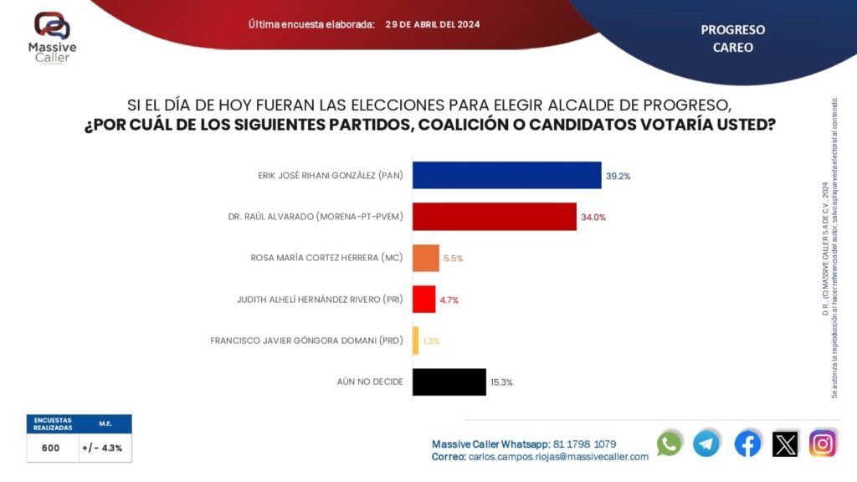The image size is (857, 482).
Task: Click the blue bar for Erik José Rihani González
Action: (506, 175)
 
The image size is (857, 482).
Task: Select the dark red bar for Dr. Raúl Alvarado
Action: (494, 217)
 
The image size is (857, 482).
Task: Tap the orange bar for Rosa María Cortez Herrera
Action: (425, 258)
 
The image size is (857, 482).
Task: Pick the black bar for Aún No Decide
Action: (449, 382)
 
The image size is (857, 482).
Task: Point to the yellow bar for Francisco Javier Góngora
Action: (415, 341)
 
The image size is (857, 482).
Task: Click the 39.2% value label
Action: (618, 176)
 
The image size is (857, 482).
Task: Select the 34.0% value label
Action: (593, 217)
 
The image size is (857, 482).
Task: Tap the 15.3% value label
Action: (502, 382)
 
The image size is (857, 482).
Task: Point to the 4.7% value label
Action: (449, 300)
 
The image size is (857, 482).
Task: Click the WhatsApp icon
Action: (670, 444)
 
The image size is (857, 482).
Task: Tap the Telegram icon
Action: (707, 444)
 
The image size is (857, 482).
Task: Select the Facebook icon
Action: (747, 444)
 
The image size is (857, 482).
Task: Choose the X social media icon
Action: (785, 444)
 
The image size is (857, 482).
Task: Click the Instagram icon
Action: (823, 444)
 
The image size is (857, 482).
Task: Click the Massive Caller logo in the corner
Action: (52, 34)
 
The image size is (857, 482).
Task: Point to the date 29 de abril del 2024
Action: (433, 24)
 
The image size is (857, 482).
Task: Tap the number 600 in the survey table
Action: (50, 448)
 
